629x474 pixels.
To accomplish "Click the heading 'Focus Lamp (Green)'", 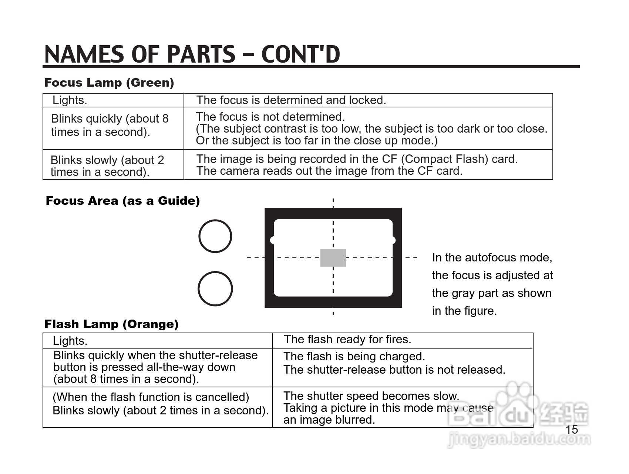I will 109,83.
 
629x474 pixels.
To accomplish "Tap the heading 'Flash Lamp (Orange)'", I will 111,324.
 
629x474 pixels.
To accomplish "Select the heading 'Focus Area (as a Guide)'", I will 122,201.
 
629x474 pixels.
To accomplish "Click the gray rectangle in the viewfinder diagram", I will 333,258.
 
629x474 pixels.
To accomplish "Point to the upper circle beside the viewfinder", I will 215,236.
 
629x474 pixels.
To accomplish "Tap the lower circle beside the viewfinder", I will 215,289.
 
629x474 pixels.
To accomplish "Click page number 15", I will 572,430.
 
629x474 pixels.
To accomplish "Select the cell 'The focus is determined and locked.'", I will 291,100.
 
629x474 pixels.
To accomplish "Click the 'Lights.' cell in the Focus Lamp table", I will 70,100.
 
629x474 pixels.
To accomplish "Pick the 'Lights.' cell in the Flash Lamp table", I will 70,341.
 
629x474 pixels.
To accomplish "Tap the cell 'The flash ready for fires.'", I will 347,339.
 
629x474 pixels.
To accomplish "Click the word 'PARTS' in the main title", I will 201,54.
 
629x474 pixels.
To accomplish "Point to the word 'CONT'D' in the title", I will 300,54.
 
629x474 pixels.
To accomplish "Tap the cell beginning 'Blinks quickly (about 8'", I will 110,125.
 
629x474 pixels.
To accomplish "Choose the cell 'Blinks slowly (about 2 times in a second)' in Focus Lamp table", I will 107,166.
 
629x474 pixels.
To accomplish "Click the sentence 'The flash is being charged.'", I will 354,356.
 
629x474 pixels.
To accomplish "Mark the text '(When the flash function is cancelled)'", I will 151,397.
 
